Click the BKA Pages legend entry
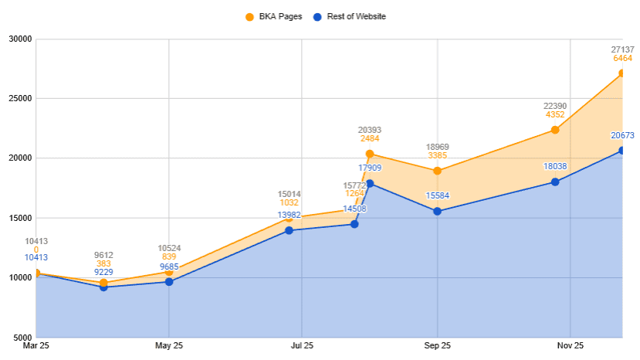coord(274,16)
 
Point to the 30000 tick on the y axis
coord(19,39)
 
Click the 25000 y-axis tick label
coord(19,98)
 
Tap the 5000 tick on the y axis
coord(22,338)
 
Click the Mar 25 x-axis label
coord(36,345)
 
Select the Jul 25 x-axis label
coord(302,345)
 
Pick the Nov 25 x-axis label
coord(571,345)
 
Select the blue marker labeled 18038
coord(555,182)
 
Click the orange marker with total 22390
coord(555,130)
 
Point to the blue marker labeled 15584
coord(438,211)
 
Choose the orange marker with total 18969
coord(438,171)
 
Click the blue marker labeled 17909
coord(370,183)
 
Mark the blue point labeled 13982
coord(289,230)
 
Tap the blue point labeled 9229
coord(103,287)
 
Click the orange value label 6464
coord(622,58)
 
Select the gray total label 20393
coord(370,130)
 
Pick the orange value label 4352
coord(555,114)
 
